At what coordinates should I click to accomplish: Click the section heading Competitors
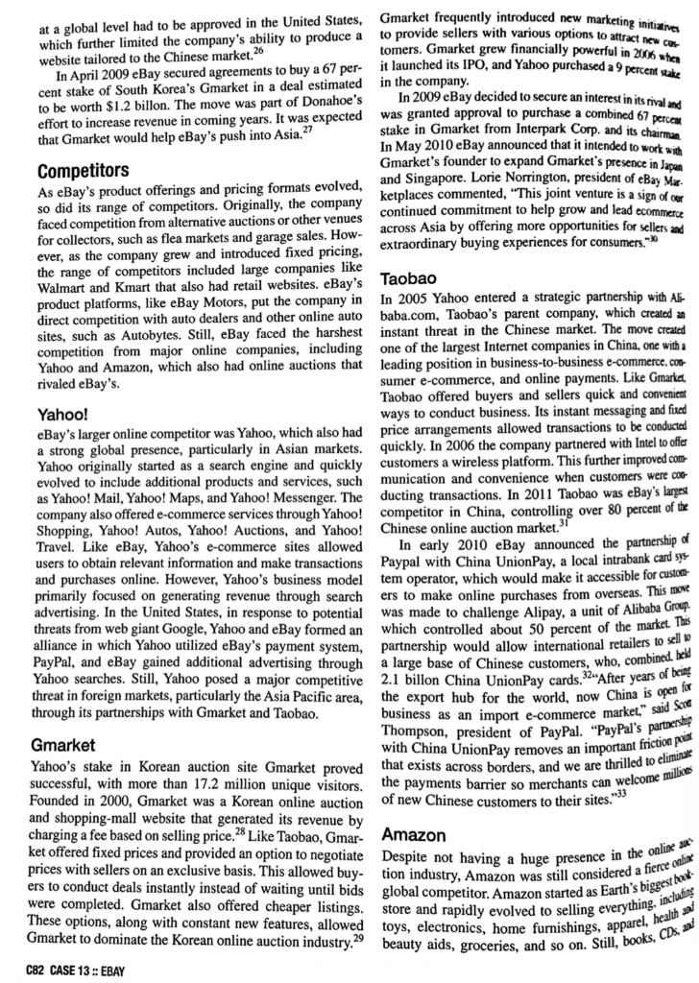coord(83,171)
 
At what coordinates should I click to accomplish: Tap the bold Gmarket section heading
coord(65,717)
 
